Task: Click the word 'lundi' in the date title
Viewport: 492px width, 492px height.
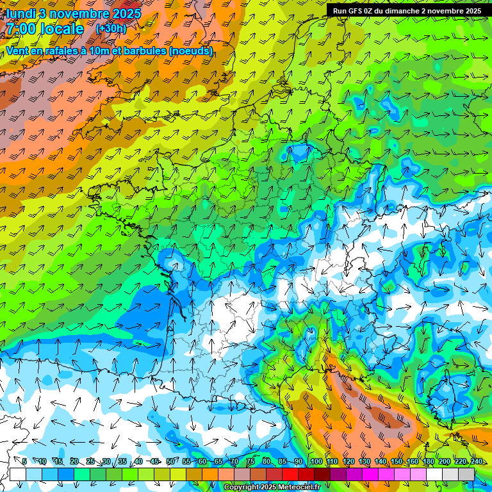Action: click(x=20, y=13)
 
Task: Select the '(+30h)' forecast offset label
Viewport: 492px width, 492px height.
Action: click(x=111, y=29)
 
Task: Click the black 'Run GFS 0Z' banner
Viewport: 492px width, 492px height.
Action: click(x=407, y=11)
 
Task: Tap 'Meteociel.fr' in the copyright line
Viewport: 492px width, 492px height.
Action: click(x=295, y=488)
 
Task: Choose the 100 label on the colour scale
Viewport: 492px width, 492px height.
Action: click(x=315, y=462)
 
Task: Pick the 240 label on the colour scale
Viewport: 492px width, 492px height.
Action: click(x=475, y=462)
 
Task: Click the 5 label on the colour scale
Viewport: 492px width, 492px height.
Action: click(x=24, y=462)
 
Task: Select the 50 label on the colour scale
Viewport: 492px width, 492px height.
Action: click(x=170, y=462)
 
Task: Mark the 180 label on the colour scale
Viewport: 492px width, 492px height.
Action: click(x=428, y=462)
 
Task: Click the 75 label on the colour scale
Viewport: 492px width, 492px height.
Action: click(x=250, y=462)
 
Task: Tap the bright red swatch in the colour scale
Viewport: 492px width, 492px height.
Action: click(x=290, y=474)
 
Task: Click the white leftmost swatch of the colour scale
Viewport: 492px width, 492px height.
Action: click(x=18, y=474)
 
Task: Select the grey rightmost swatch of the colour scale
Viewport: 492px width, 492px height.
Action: click(x=466, y=474)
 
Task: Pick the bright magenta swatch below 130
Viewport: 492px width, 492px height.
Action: click(x=370, y=474)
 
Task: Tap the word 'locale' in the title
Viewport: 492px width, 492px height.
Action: click(x=62, y=29)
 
